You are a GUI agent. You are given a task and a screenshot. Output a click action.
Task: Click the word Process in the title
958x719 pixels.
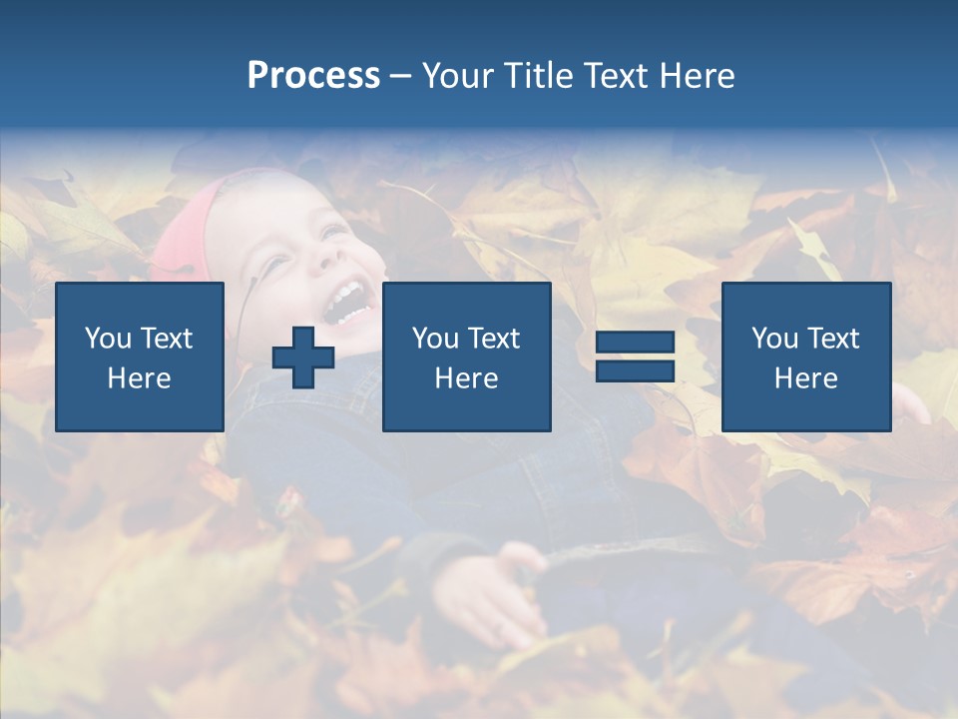(x=313, y=76)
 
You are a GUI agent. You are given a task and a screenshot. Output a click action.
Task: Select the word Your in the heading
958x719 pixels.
(x=458, y=76)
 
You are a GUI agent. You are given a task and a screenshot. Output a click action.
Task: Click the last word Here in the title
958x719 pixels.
(x=697, y=76)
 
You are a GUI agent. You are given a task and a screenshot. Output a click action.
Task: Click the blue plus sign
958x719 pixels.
(x=303, y=358)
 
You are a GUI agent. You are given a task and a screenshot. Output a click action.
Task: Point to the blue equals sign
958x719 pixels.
(x=635, y=357)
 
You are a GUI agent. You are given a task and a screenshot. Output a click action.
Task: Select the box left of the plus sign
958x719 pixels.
(x=140, y=357)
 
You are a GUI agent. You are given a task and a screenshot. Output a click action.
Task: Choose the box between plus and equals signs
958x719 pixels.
(x=466, y=357)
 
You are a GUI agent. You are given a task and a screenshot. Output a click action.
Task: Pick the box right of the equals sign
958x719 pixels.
(x=805, y=357)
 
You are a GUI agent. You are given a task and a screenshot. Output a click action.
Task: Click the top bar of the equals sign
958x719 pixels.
(x=635, y=343)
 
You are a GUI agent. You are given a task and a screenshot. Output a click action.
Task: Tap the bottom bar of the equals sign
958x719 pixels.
(x=635, y=370)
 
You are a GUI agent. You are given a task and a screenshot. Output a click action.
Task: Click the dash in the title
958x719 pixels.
(x=400, y=76)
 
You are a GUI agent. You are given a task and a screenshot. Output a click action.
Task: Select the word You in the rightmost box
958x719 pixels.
(x=775, y=339)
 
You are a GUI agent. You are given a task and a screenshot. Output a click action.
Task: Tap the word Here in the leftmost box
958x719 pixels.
(x=140, y=378)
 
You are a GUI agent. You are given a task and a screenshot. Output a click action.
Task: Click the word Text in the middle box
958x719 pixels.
(x=494, y=339)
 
